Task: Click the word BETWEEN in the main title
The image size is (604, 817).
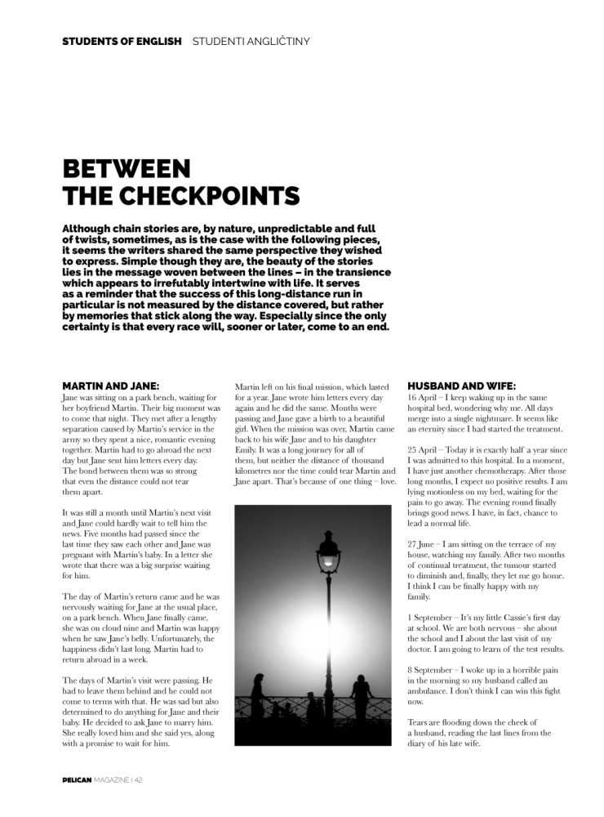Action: pos(127,169)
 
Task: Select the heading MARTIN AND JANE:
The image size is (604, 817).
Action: pos(110,386)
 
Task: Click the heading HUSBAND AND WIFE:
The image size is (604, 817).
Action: pos(461,386)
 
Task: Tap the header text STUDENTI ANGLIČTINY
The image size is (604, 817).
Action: pos(251,41)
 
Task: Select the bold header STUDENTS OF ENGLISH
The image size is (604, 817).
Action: pos(122,41)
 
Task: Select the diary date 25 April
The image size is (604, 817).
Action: pos(424,450)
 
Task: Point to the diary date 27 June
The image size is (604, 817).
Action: pos(423,545)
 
